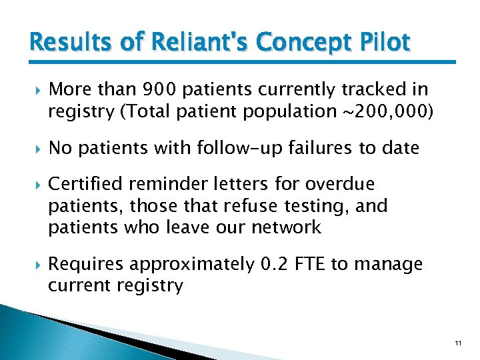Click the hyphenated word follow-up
[x=223, y=147]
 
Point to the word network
[x=286, y=227]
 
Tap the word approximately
[x=192, y=265]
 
